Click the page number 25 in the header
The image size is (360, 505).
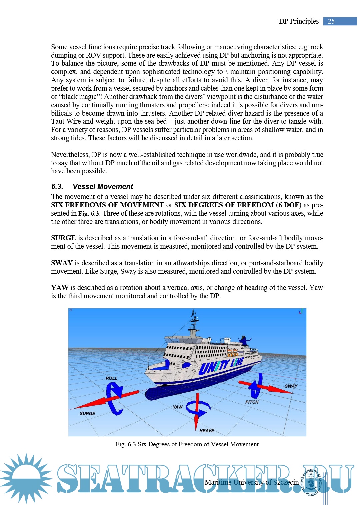[x=331, y=21]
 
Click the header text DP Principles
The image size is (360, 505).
[x=299, y=21]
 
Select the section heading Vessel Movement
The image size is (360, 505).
[x=103, y=187]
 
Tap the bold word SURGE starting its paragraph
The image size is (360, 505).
[x=63, y=238]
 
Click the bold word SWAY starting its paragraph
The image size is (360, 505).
[x=62, y=263]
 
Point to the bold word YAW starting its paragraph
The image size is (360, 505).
[x=60, y=288]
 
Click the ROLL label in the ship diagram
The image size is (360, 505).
[x=111, y=378]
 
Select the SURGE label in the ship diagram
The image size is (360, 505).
[x=87, y=413]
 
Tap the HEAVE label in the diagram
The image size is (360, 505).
[x=207, y=431]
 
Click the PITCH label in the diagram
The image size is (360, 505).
[x=252, y=402]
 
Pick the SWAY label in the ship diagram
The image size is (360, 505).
[x=291, y=386]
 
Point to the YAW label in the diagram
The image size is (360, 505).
[x=177, y=407]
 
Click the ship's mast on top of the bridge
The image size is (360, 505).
[x=193, y=322]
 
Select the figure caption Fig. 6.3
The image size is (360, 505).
[x=187, y=444]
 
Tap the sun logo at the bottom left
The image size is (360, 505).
[x=26, y=478]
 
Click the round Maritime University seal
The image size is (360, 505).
[x=311, y=482]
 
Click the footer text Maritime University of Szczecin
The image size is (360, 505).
[x=252, y=482]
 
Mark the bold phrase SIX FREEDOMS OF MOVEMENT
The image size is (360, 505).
[x=107, y=205]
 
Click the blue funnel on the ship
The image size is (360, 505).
[x=245, y=341]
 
